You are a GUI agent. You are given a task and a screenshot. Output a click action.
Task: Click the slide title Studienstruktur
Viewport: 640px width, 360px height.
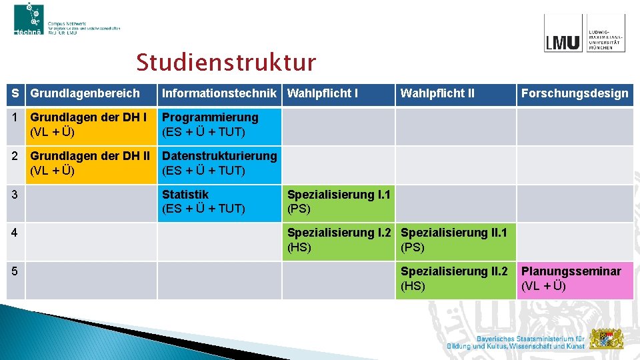click(226, 63)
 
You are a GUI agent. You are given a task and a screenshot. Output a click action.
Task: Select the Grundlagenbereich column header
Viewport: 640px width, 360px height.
click(85, 93)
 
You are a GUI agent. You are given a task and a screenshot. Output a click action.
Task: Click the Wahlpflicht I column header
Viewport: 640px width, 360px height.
click(323, 93)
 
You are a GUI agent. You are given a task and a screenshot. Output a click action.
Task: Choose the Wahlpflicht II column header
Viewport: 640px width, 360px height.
click(437, 93)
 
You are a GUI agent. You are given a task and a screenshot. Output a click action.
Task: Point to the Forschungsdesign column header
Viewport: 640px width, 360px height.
click(575, 93)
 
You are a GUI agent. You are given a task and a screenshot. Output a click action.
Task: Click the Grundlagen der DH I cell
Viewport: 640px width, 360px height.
click(90, 125)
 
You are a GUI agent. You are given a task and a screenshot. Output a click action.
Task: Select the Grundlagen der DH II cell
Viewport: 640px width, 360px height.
click(90, 163)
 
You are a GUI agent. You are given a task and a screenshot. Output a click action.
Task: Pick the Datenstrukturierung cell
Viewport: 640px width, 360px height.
click(219, 163)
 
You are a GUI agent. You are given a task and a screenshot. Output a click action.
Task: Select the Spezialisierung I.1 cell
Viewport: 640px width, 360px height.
click(339, 202)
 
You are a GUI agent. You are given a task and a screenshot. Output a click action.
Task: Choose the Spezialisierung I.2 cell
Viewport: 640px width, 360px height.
click(339, 240)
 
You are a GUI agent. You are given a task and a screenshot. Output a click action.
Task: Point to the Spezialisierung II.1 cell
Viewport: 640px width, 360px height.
click(455, 240)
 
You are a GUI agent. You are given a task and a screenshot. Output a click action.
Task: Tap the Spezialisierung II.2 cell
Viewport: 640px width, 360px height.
click(455, 279)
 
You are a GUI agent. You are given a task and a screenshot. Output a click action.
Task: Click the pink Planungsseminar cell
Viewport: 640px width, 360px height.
click(575, 279)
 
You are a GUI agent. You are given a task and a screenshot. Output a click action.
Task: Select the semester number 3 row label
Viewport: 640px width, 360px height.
click(15, 195)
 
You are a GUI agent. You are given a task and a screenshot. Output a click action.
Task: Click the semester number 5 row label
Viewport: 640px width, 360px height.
click(15, 272)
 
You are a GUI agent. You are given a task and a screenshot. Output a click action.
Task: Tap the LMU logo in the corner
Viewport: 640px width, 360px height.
click(584, 34)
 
